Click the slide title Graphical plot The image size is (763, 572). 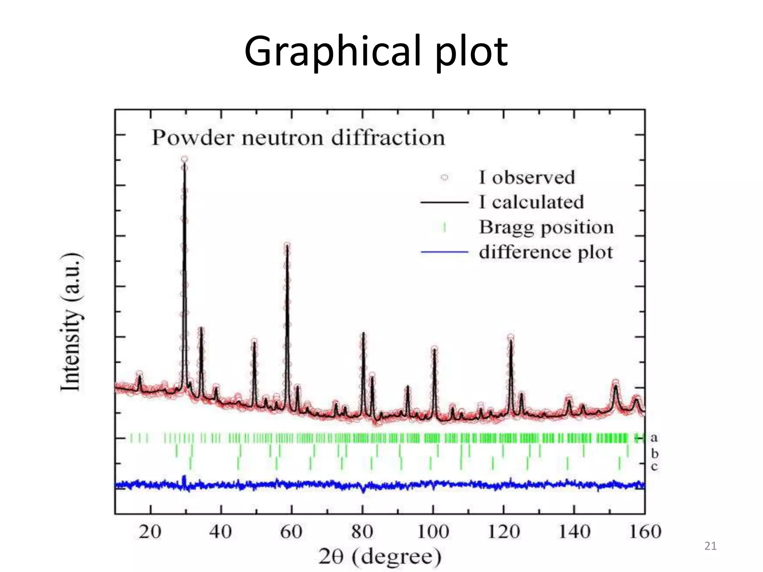click(376, 51)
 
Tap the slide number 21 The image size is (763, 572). click(710, 546)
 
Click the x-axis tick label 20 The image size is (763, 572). click(150, 531)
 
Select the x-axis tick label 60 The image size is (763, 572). click(291, 531)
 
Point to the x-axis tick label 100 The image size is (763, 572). click(433, 531)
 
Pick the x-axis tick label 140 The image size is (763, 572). click(574, 531)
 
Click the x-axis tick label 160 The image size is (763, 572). click(645, 531)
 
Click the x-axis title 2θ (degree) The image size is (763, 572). click(380, 557)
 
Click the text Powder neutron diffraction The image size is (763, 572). click(298, 138)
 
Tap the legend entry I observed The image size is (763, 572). click(527, 177)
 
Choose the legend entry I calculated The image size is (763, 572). click(531, 202)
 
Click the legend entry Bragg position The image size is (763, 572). click(546, 227)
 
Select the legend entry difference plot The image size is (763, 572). click(546, 252)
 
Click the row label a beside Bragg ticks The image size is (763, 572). click(654, 438)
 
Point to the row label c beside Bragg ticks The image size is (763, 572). click(654, 466)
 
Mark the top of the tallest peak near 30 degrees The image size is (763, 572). click(184, 160)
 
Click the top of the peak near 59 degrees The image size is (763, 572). click(287, 245)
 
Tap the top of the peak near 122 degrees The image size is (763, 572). click(510, 337)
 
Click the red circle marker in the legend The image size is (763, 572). click(444, 177)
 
